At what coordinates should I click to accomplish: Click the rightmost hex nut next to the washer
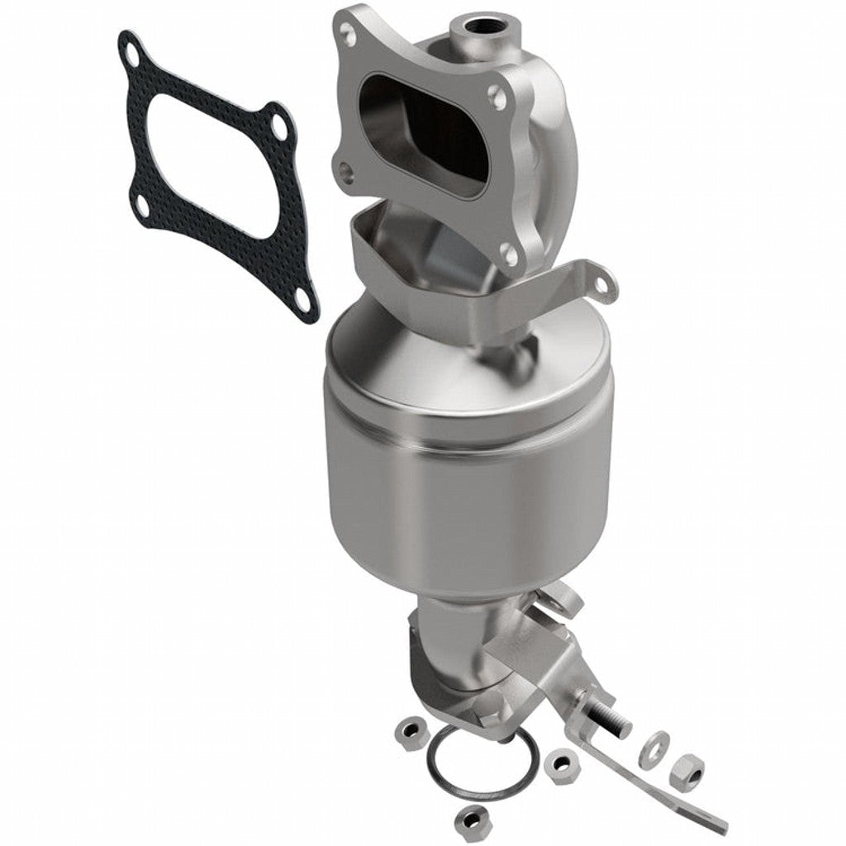[x=687, y=771]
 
